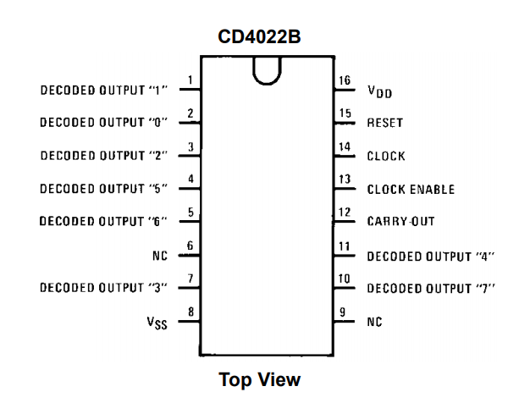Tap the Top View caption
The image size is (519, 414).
coord(259,380)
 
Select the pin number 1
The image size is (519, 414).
coord(190,81)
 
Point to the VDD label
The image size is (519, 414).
coord(378,91)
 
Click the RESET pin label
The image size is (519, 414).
coord(384,123)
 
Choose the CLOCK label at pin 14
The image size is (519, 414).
coord(385,156)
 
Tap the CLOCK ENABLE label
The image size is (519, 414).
coord(410,189)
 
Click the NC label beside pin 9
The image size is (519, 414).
coord(374,323)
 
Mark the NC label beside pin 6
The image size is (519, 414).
coord(159,255)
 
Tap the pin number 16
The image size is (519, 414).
coord(345,81)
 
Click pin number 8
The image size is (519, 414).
coord(190,312)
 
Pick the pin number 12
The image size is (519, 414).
coord(345,213)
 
